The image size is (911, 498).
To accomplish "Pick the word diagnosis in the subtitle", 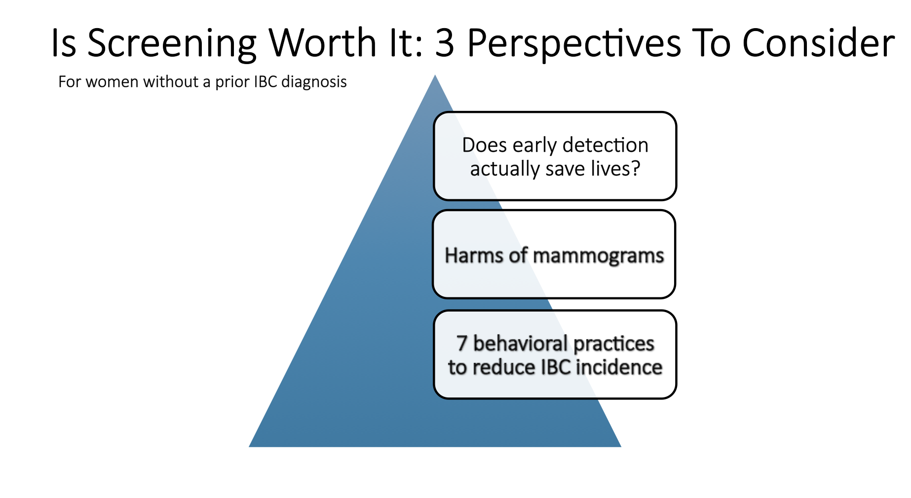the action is [x=314, y=82].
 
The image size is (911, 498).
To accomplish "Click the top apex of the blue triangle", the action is [x=435, y=75].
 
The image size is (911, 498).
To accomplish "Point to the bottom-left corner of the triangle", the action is [x=249, y=447].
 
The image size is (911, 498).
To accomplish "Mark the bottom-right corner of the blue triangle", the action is [x=621, y=447].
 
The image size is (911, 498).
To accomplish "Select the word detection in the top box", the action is [x=605, y=145].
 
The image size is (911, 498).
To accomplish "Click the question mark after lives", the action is [x=636, y=169].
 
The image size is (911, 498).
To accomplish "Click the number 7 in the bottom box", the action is [x=461, y=343].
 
